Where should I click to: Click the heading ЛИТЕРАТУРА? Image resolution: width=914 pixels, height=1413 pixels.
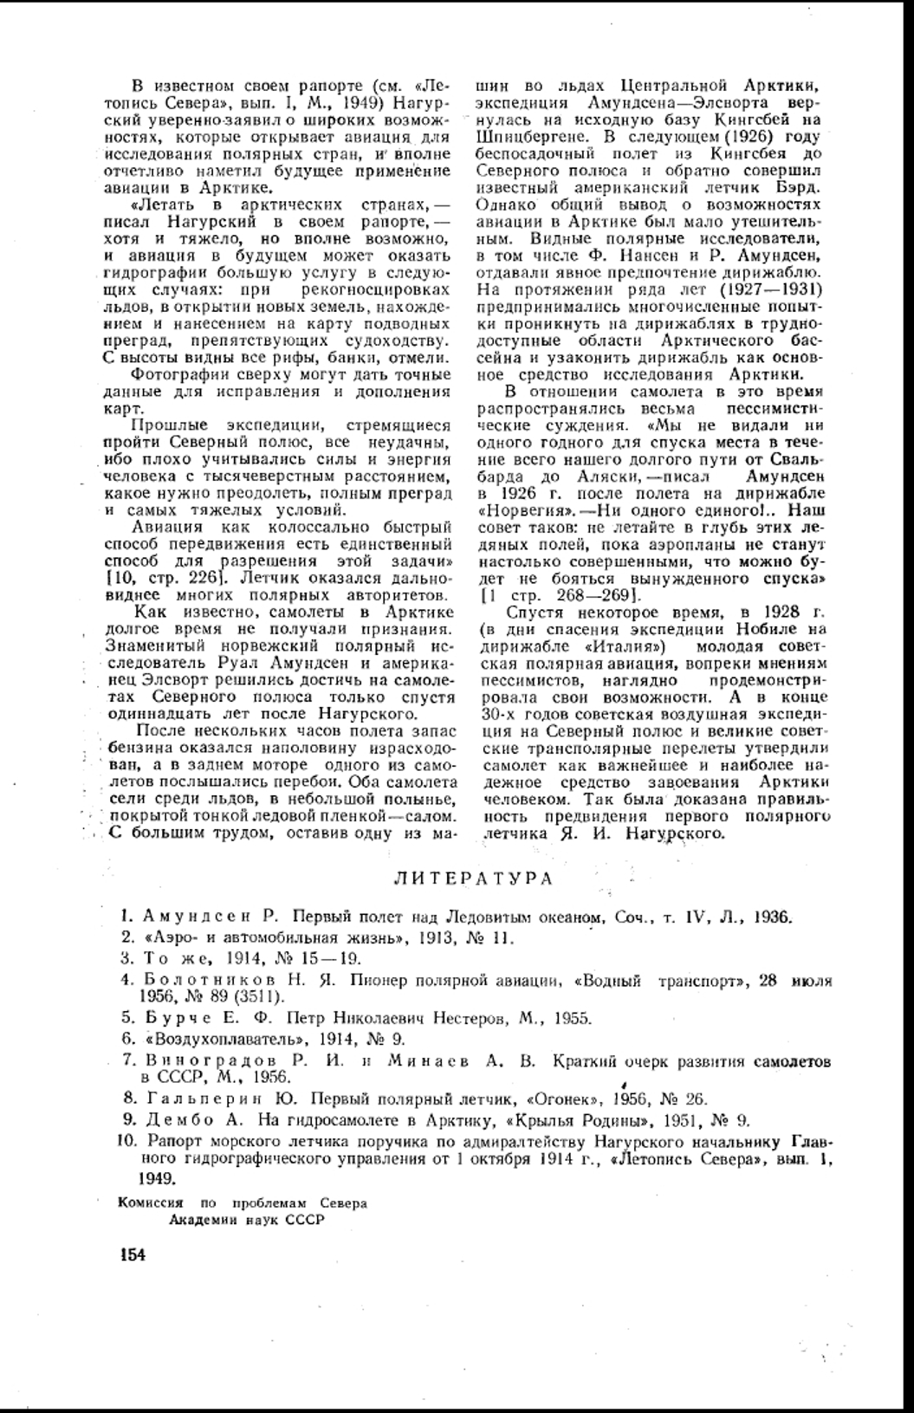473,878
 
